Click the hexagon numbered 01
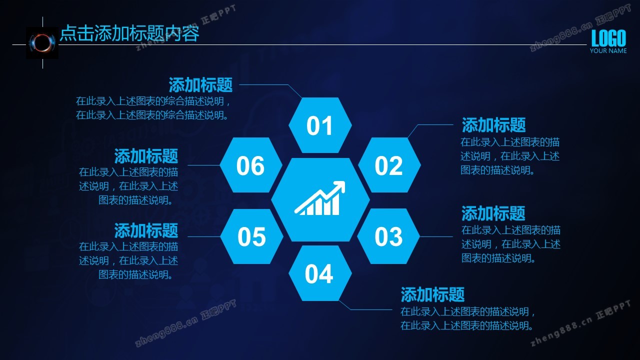click(320, 125)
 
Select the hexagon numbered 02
click(389, 165)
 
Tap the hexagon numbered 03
click(388, 236)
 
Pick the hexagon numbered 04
click(320, 273)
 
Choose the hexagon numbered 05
click(251, 236)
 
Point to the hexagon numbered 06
click(251, 165)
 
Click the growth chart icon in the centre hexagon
click(320, 198)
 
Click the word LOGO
click(608, 38)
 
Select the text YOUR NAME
click(608, 51)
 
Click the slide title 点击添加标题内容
click(129, 33)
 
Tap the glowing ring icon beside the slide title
click(42, 43)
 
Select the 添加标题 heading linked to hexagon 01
click(200, 85)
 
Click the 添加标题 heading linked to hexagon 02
click(493, 125)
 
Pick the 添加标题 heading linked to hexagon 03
click(493, 213)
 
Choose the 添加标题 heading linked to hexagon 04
click(432, 294)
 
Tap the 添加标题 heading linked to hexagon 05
click(146, 230)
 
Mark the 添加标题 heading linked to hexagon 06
click(146, 156)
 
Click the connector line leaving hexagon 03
click(436, 236)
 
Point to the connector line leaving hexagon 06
click(203, 165)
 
